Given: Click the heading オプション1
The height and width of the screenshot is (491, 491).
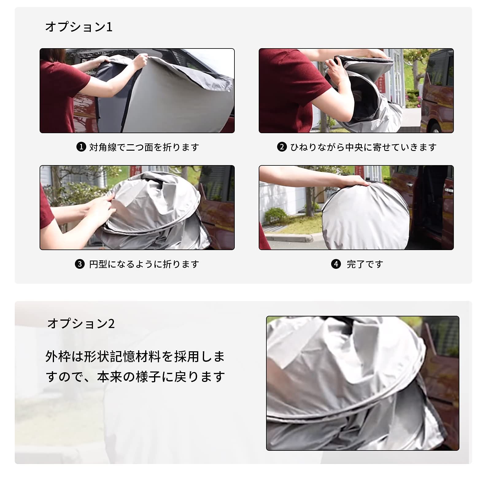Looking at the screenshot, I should click(x=79, y=27).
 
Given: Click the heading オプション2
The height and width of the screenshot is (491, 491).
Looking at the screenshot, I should click(x=81, y=324).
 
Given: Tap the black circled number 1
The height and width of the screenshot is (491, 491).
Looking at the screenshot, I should click(x=81, y=147).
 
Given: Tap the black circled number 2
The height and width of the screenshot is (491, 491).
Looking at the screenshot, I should click(x=282, y=147).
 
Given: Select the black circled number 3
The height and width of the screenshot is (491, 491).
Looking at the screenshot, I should click(x=80, y=264).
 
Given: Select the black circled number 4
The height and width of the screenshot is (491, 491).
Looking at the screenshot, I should click(x=336, y=264).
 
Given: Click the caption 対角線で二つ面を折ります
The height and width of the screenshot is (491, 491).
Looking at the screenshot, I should click(x=144, y=147).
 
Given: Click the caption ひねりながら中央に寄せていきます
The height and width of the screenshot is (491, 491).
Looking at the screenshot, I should click(x=363, y=147).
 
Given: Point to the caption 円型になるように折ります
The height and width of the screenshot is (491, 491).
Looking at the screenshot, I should click(x=144, y=264).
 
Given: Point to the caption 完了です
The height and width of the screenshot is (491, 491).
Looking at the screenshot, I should click(x=365, y=264).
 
